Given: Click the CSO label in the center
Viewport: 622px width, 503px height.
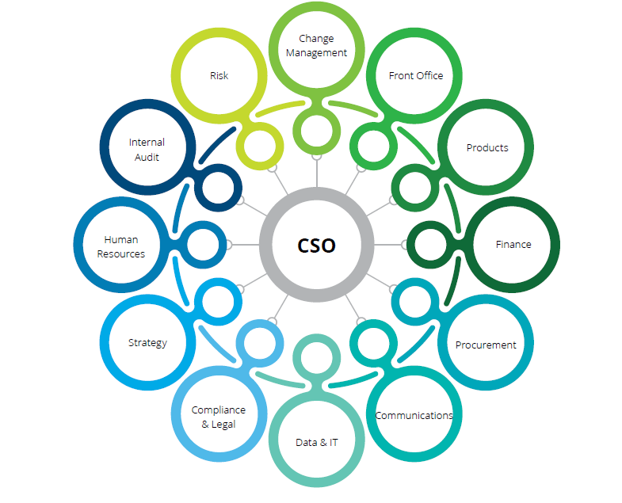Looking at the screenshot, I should (x=316, y=246).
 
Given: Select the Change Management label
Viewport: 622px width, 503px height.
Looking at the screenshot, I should (x=316, y=46).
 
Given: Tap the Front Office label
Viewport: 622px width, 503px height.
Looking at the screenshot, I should (x=415, y=76).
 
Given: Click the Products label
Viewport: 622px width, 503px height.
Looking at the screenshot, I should (x=487, y=148).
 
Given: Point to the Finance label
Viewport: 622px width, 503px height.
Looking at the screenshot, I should (x=513, y=245).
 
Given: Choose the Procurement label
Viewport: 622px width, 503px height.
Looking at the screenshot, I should (x=486, y=345).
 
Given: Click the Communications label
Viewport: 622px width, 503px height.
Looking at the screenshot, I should (x=414, y=415).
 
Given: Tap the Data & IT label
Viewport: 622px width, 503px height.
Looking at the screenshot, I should (x=316, y=442).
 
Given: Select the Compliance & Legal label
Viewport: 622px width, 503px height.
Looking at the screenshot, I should (x=219, y=417).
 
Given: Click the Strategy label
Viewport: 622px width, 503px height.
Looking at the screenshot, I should (x=148, y=343).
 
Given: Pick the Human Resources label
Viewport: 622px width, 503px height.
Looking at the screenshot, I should (x=121, y=246).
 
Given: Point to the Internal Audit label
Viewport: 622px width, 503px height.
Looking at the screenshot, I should (x=147, y=150).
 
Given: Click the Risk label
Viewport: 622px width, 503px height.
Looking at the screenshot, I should (x=219, y=76).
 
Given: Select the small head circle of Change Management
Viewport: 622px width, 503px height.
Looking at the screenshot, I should (x=316, y=130).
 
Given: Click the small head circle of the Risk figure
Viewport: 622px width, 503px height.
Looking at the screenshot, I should (x=261, y=146).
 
